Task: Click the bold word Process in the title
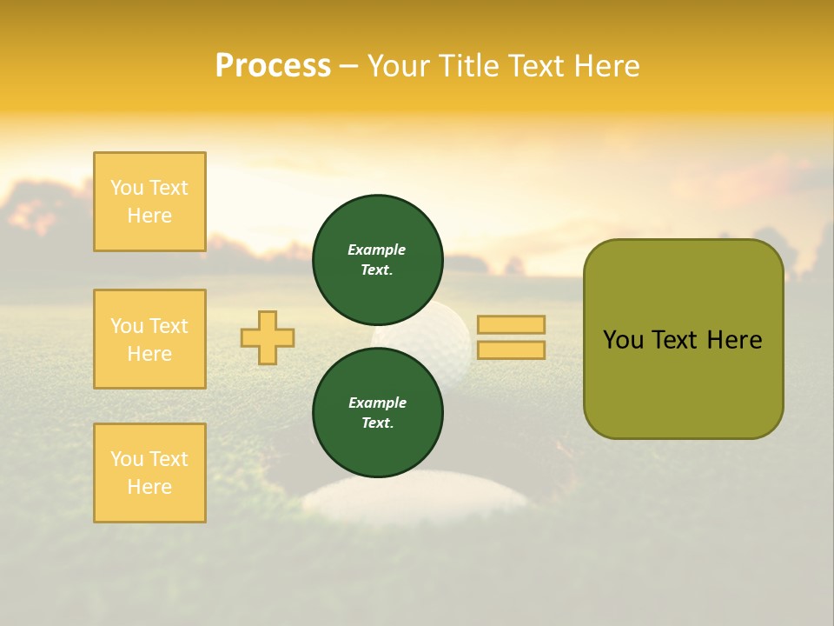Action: click(273, 66)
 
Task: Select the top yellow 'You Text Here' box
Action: click(149, 202)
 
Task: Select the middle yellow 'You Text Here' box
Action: click(149, 339)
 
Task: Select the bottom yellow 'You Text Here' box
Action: click(149, 473)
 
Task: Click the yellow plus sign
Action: click(268, 337)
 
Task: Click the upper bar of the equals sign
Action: click(511, 324)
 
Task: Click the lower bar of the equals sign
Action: click(511, 350)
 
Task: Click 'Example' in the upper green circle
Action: click(376, 250)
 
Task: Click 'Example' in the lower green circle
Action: click(377, 403)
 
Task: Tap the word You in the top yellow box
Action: click(127, 188)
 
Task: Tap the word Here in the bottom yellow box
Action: click(149, 487)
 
